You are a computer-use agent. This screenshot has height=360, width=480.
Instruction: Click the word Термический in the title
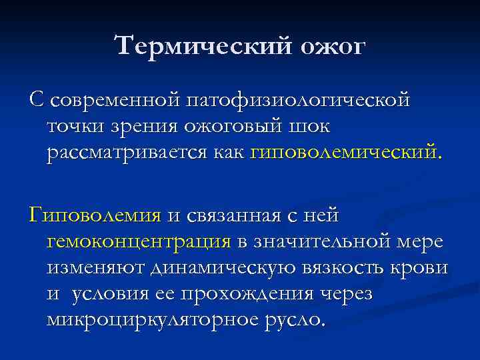[x=200, y=47]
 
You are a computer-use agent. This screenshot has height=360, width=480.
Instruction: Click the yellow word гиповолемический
[x=344, y=153]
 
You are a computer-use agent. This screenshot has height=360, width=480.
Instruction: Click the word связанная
[x=237, y=215]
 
